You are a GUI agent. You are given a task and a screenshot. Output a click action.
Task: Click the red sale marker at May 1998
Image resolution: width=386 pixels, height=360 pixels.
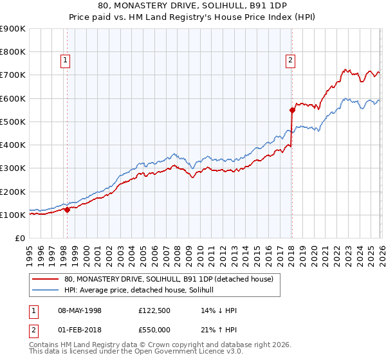[67, 210]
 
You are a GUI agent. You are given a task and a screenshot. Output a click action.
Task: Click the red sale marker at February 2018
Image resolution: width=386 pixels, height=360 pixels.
[291, 110]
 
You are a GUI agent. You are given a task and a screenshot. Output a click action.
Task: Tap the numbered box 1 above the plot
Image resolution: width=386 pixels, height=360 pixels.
[66, 61]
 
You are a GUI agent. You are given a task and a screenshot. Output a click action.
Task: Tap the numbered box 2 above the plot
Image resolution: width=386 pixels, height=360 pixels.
[291, 61]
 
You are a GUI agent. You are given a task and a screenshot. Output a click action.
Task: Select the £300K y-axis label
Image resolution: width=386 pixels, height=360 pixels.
[13, 168]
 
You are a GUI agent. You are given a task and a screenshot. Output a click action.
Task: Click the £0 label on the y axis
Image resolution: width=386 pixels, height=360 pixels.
[19, 239]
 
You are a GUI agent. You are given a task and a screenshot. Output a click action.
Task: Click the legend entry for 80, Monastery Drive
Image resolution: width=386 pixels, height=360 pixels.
[169, 279]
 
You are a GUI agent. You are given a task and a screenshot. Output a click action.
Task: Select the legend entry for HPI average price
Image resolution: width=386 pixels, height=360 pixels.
[143, 290]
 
